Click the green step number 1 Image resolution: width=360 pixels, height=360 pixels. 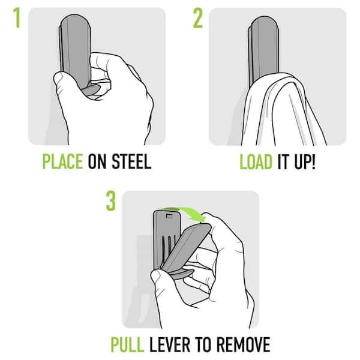[x=17, y=18]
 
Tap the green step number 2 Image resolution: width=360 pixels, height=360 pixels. [x=198, y=18]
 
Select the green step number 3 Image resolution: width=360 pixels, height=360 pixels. [x=111, y=201]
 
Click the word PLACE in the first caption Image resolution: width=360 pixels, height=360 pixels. [x=62, y=161]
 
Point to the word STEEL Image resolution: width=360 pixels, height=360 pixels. [x=131, y=161]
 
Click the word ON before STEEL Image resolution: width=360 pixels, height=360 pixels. [x=97, y=161]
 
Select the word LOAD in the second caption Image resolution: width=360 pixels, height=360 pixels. [x=256, y=162]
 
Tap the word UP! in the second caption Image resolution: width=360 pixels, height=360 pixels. [x=305, y=162]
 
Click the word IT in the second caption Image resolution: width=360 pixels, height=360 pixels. [x=283, y=162]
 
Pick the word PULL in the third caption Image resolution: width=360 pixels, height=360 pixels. [x=127, y=344]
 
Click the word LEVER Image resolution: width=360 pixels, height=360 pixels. [x=170, y=344]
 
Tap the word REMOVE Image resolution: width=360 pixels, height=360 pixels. [x=244, y=344]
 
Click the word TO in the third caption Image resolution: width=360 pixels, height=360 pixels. [x=203, y=344]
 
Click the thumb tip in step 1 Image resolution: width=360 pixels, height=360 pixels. [x=59, y=77]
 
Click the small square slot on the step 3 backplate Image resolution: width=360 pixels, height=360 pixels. [x=169, y=216]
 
